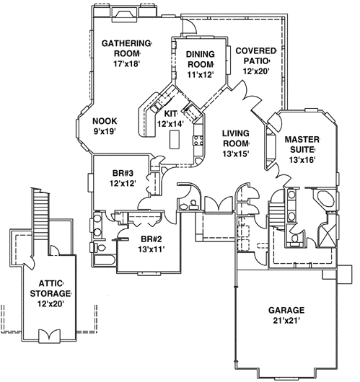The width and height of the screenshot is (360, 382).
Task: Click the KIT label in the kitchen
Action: (x=171, y=114)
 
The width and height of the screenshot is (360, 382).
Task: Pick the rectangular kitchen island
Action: (x=174, y=141)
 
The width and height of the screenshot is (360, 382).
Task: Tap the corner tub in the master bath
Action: (x=325, y=200)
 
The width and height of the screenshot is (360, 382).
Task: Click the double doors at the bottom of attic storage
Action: (x=51, y=336)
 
